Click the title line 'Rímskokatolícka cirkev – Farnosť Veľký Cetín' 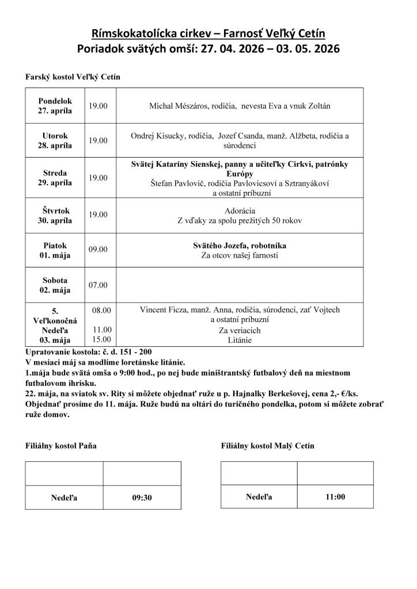[208, 33]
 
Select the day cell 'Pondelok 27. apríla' [55, 106]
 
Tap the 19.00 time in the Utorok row [98, 140]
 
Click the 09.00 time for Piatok [98, 250]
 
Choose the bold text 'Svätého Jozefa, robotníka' [240, 246]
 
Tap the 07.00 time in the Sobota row [98, 285]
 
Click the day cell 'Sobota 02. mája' [55, 285]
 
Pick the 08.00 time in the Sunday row [101, 310]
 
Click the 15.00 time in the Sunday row [101, 339]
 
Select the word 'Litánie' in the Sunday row [240, 340]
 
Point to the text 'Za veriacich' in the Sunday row [240, 330]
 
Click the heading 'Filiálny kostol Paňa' [61, 446]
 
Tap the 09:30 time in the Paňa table [142, 498]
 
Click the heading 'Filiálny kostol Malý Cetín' [267, 446]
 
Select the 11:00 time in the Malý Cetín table [335, 496]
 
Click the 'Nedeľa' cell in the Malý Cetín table [259, 496]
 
